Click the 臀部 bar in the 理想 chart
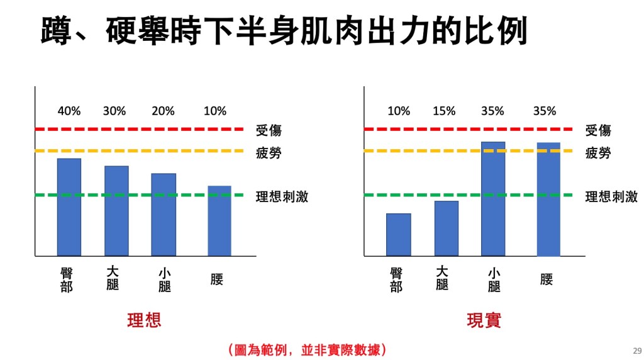click(x=69, y=207)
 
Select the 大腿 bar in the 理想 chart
click(x=116, y=211)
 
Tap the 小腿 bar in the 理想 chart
click(x=164, y=215)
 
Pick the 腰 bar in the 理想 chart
click(x=219, y=221)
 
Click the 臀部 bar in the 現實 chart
click(x=399, y=235)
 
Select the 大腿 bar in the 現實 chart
click(x=446, y=228)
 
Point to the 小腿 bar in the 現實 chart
click(x=493, y=199)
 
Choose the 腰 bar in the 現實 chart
click(x=548, y=200)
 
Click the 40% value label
click(x=69, y=111)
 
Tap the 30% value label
click(x=114, y=111)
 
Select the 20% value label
click(x=163, y=111)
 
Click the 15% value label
click(x=444, y=111)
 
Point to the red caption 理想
click(x=144, y=320)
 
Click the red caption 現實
click(x=484, y=320)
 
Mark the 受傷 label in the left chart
click(x=269, y=131)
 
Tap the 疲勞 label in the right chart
click(x=598, y=153)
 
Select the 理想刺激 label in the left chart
click(x=282, y=196)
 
